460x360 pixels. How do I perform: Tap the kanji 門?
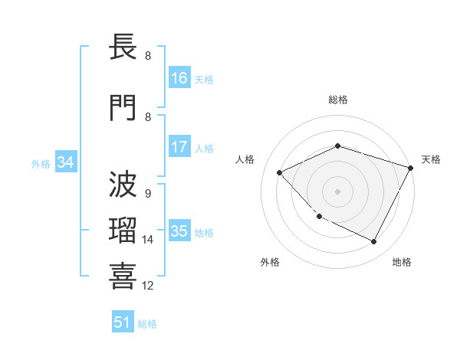pos(123,108)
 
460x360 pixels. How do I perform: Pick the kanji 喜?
pos(123,275)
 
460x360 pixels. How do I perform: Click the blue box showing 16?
pos(179,78)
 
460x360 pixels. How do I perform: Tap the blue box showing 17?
pos(179,147)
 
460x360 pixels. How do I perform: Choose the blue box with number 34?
pos(65,162)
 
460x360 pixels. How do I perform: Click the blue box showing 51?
pos(123,322)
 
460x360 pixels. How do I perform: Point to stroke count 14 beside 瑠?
pos(148,240)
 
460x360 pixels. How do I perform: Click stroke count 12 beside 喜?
pos(148,286)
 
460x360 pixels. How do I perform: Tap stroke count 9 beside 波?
pos(148,193)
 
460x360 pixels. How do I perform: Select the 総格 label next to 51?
pos(147,324)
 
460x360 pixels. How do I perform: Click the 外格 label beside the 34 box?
pos(41,163)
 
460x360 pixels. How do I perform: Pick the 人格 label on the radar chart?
pos(245,159)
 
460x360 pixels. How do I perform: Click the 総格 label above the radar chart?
pos(338,100)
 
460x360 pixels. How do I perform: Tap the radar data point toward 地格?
pos(374,242)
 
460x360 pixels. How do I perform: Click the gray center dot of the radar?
pos(338,191)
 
